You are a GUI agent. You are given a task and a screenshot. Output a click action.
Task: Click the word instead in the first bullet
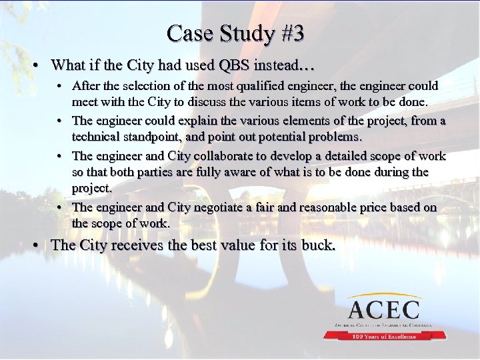coord(279,65)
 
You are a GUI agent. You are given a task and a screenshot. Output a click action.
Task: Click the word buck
coord(318,245)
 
